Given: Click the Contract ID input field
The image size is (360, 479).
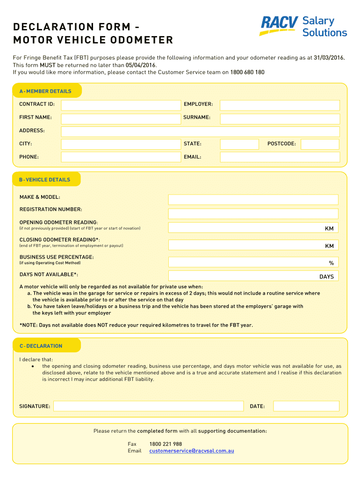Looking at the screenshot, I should [121, 105].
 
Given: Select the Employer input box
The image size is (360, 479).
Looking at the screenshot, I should [280, 105].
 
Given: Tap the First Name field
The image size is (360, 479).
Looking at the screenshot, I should [121, 118].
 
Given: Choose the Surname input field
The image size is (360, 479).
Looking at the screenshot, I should [280, 118].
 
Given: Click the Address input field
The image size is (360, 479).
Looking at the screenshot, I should [200, 131].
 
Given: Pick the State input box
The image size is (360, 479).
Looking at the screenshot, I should [239, 144].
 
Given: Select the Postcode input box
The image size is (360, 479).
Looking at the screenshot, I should [320, 144].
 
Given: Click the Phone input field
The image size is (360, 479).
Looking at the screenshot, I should [121, 157].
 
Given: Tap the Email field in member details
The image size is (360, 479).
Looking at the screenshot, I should [280, 157].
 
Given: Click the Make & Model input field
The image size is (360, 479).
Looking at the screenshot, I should [253, 200].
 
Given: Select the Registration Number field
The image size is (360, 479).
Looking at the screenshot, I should [253, 214].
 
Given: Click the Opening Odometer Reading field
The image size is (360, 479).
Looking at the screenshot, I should [253, 228].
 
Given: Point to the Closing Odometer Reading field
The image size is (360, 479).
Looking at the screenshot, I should [253, 245].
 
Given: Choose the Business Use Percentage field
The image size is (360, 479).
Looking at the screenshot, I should [253, 262].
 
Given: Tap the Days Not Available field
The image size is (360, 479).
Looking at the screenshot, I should [253, 276].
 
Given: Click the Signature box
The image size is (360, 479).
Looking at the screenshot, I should [148, 406].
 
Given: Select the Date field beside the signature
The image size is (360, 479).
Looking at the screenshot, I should [306, 406].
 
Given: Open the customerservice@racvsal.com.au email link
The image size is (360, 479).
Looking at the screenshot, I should [192, 451].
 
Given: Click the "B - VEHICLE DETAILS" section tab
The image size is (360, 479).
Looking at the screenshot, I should [45, 180].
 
